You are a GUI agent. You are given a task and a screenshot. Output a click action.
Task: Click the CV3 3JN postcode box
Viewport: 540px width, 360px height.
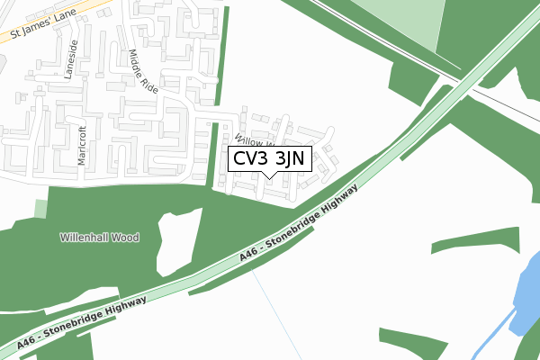pos(270,159)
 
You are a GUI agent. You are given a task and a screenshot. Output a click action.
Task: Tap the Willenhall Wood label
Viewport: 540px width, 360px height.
pos(99,238)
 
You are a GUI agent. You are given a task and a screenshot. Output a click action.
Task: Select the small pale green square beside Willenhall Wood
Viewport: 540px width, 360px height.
pos(40,209)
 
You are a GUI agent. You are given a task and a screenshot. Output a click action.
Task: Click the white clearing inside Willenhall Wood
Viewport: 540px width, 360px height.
pos(176,241)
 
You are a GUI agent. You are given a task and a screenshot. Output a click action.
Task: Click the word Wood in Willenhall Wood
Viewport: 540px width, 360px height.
pos(126,238)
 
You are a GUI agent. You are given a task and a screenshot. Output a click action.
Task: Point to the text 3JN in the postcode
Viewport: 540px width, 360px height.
pos(290,159)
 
